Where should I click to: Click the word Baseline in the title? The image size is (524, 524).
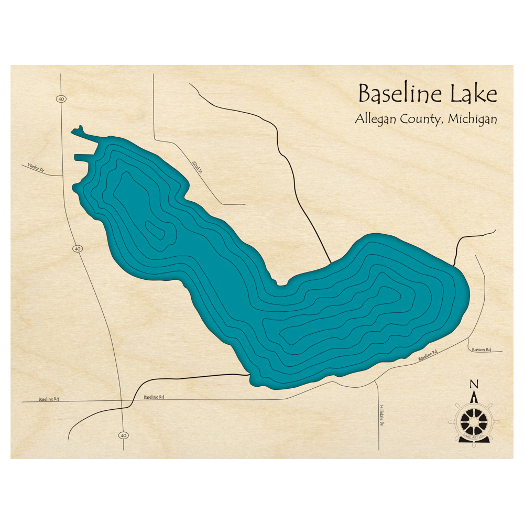pos(400,94)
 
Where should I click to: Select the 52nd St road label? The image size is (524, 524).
pos(195,169)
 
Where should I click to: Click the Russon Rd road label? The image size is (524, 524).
pos(481,349)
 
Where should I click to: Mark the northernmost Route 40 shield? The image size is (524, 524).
pos(62,99)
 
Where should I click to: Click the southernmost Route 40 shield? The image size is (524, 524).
pos(124,435)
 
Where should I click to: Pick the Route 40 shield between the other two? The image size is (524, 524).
pos(78,248)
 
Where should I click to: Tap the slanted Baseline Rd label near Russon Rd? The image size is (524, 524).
pos(428,356)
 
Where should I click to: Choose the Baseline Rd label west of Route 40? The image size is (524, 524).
pos(49,399)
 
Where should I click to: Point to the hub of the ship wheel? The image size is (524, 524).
pos(474,419)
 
